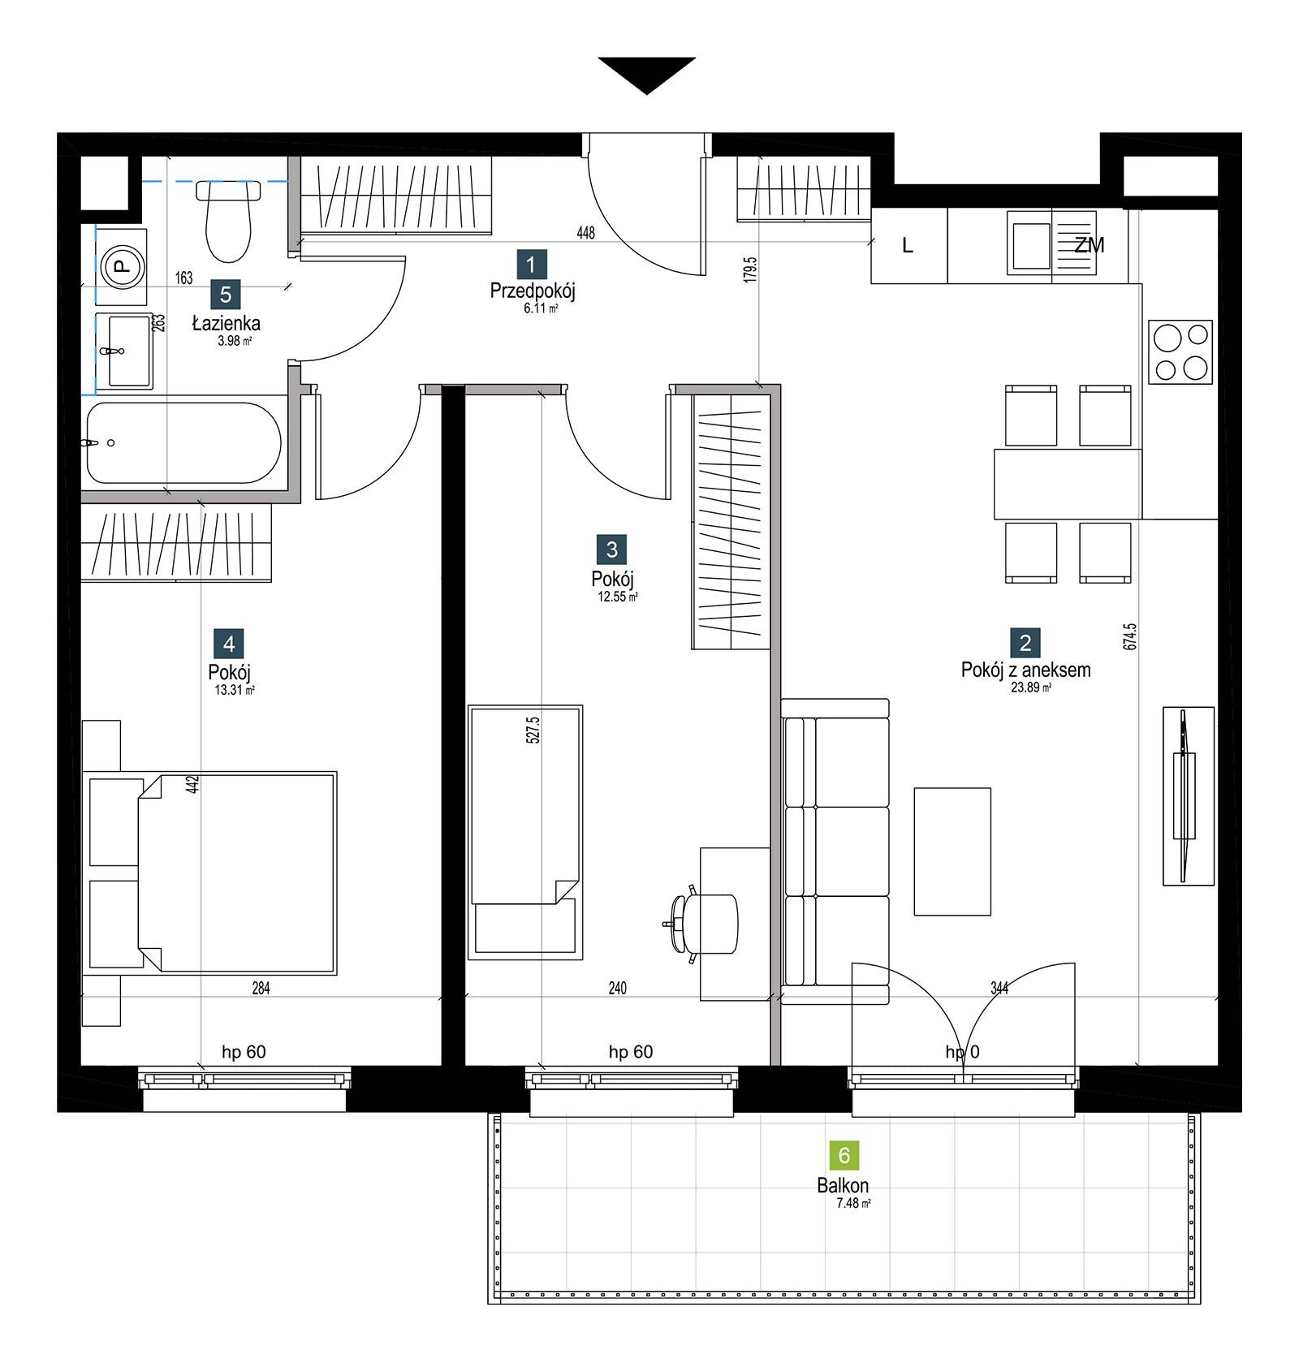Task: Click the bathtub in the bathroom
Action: [183, 442]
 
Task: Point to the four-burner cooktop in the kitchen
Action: [1180, 352]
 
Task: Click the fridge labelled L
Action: [908, 245]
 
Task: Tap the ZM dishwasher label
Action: [1090, 245]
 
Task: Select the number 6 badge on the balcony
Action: [844, 1155]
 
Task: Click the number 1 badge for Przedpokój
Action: [531, 265]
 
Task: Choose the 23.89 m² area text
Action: [1031, 687]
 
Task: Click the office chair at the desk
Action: [703, 924]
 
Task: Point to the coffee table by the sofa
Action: [952, 851]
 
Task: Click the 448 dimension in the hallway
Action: [585, 233]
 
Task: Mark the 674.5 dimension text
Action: [1130, 636]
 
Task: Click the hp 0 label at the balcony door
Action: [962, 1053]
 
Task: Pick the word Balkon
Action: [843, 1186]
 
